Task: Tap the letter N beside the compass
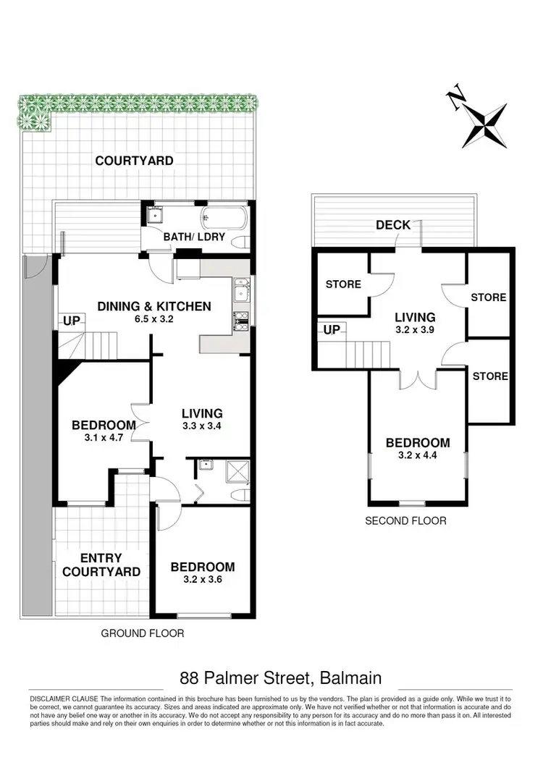(x=455, y=100)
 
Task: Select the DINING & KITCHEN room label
(x=154, y=306)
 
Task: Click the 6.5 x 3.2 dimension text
(x=155, y=318)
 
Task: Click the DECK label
(x=393, y=225)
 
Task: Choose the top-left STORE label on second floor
(x=343, y=284)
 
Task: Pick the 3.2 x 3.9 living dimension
(x=415, y=329)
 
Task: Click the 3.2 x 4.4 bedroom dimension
(x=417, y=456)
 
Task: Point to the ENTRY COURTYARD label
(x=101, y=565)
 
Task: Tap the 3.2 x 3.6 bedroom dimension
(x=203, y=579)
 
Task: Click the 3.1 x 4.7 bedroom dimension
(x=104, y=437)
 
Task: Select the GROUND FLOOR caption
(x=142, y=633)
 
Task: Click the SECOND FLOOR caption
(x=405, y=520)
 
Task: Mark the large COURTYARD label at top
(x=135, y=160)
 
